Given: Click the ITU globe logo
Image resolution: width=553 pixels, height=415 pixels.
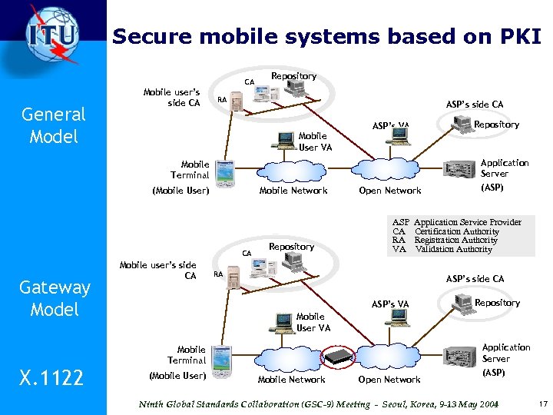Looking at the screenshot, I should [x=51, y=35].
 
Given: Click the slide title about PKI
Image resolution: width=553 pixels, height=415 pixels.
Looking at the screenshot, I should [x=327, y=36].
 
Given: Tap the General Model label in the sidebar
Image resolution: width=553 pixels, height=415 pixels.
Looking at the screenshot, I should [x=54, y=125].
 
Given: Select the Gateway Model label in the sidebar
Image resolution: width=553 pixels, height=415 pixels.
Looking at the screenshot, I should [x=54, y=298].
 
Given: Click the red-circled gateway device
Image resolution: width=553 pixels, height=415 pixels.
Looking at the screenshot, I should [x=339, y=357].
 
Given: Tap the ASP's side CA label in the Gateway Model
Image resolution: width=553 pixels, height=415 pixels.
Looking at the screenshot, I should [x=475, y=279].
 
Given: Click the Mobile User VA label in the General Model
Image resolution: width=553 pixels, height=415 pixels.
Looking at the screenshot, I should [x=313, y=142].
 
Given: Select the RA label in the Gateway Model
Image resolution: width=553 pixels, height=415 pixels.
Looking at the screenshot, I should [x=218, y=273].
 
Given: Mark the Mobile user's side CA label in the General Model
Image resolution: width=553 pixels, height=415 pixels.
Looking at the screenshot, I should [x=172, y=98].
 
